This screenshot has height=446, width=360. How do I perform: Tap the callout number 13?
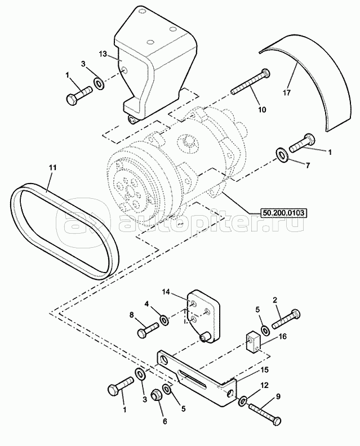(103, 53)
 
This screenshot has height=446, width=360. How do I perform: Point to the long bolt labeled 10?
(250, 82)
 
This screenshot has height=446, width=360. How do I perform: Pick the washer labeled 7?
(282, 154)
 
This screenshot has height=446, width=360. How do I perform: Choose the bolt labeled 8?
(148, 329)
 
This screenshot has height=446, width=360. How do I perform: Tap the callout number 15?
(264, 370)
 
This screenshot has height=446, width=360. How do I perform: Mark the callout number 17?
(287, 93)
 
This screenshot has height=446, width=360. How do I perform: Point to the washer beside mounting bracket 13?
(99, 84)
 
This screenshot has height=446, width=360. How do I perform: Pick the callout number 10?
(262, 110)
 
